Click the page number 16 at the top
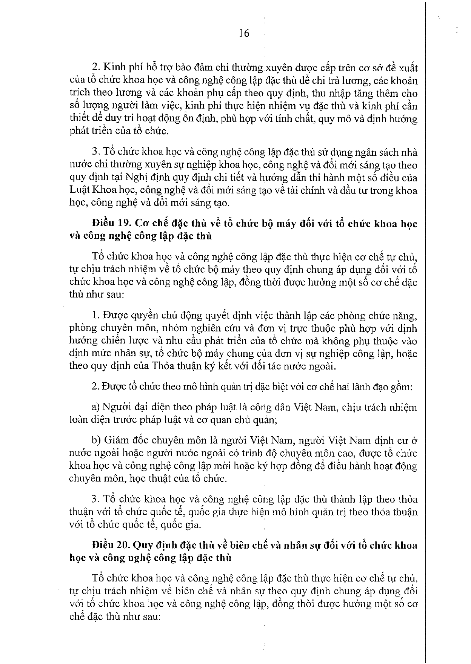point(244,34)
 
